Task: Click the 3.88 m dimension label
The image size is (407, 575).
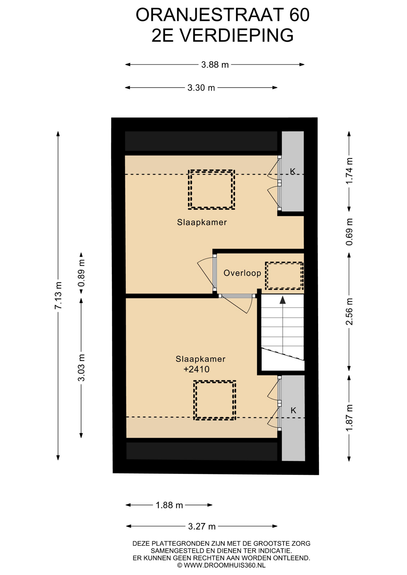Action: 215,65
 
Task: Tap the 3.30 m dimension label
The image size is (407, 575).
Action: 201,88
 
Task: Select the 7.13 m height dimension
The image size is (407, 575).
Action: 58,295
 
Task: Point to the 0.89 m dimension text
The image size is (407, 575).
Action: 81,273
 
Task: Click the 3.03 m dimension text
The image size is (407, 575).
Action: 81,367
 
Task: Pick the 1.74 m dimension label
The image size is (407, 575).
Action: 349,171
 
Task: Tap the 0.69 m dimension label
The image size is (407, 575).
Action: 349,232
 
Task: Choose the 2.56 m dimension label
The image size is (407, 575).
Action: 349,311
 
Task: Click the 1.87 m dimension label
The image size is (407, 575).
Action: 349,418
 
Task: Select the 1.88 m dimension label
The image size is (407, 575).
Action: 169,505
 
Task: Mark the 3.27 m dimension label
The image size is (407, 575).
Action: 202,526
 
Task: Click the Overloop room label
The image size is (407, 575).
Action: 242,273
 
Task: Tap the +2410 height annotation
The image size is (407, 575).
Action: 196,369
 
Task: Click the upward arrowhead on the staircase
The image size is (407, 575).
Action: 283,300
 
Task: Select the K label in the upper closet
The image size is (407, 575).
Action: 293,171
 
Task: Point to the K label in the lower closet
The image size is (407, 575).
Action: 293,410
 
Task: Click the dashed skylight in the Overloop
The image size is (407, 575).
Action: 284,276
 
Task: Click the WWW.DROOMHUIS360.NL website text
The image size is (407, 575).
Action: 224,565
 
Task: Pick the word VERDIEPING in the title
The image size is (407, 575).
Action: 236,36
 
